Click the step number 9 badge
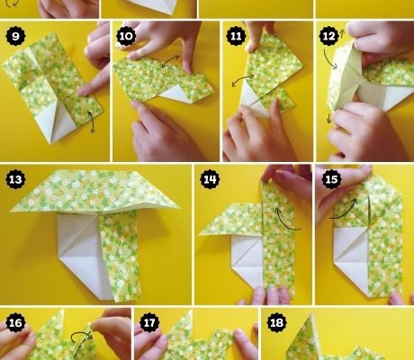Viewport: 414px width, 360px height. tap(15, 36)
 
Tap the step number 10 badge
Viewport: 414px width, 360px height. tap(126, 36)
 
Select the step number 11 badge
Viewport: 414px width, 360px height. tap(236, 36)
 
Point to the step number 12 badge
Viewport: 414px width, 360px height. tap(329, 36)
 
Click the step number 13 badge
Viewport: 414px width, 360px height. tap(15, 179)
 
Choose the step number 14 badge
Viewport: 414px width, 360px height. tap(210, 179)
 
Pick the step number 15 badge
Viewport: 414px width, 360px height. tap(331, 179)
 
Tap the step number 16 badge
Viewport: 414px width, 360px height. tap(15, 323)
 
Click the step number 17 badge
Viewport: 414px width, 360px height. tap(149, 323)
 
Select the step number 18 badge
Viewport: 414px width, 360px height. tap(276, 323)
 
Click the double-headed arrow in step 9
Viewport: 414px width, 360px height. tap(92, 121)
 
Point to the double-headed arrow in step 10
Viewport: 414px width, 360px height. tap(170, 61)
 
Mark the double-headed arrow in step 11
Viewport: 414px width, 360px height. tap(242, 79)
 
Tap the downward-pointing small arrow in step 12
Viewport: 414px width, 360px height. tap(329, 118)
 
